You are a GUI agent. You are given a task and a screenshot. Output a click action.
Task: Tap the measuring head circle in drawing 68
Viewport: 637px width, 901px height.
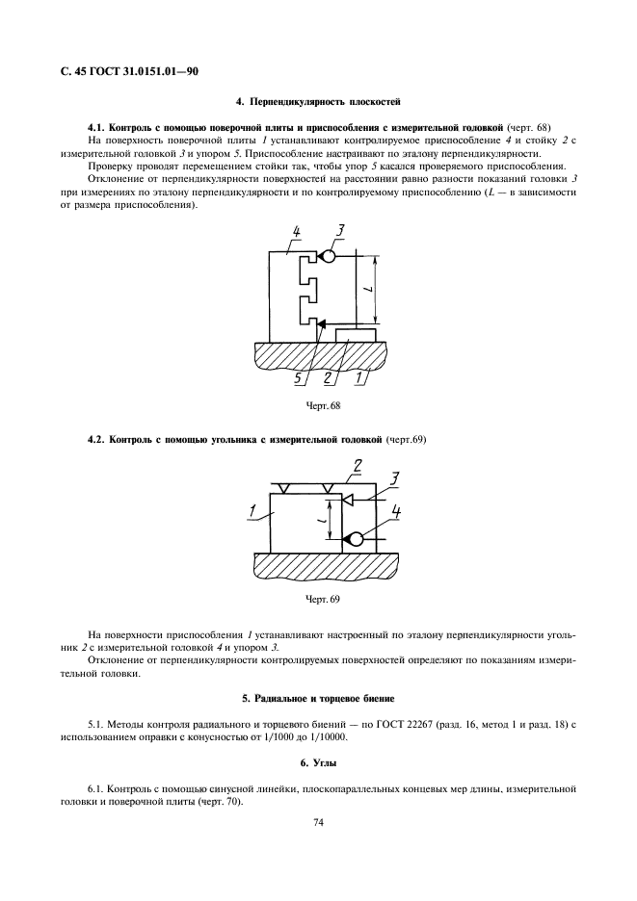point(329,257)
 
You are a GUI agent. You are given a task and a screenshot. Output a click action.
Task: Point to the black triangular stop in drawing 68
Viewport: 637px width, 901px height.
point(321,324)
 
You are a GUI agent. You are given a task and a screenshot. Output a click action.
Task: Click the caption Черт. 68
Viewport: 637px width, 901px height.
point(317,406)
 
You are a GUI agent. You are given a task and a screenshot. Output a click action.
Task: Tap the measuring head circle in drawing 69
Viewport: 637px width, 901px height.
point(355,539)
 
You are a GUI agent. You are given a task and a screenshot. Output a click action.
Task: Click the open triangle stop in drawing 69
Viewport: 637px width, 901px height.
point(348,501)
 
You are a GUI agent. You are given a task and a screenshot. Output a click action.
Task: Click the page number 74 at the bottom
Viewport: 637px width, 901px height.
point(318,823)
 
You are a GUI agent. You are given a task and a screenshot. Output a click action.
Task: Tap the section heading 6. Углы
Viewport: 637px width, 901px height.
point(318,763)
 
